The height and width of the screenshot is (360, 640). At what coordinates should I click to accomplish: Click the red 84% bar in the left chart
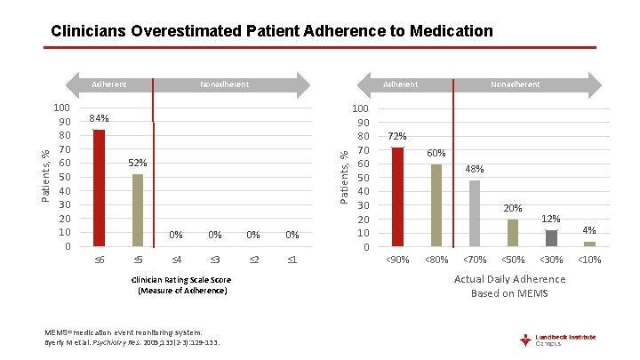click(x=99, y=188)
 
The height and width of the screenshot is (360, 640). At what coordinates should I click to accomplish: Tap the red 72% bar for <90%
click(x=397, y=196)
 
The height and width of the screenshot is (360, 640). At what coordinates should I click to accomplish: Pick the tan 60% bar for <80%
click(x=436, y=204)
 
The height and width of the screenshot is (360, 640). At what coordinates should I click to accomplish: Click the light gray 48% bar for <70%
click(x=475, y=212)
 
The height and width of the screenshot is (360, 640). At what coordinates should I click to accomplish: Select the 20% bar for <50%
click(x=513, y=232)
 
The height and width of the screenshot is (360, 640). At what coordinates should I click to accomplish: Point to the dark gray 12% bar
click(x=551, y=237)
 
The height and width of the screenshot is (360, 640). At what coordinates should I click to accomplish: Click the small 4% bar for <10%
click(x=589, y=244)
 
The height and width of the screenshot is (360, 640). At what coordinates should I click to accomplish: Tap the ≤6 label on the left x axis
click(x=100, y=259)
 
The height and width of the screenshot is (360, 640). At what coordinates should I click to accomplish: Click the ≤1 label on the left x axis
click(x=292, y=259)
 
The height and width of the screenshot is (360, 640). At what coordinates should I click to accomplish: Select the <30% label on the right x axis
click(x=551, y=260)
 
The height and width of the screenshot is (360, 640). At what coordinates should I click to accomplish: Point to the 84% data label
click(x=99, y=119)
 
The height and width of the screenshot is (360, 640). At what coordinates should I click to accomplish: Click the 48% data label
click(x=475, y=169)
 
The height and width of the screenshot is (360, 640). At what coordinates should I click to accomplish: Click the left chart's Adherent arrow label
click(x=110, y=84)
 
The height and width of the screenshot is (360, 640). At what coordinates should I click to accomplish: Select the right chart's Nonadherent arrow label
click(x=515, y=84)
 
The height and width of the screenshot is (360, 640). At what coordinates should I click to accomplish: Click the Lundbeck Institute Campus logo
click(x=558, y=340)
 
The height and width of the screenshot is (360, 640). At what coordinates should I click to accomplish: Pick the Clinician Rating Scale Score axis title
click(x=183, y=285)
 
